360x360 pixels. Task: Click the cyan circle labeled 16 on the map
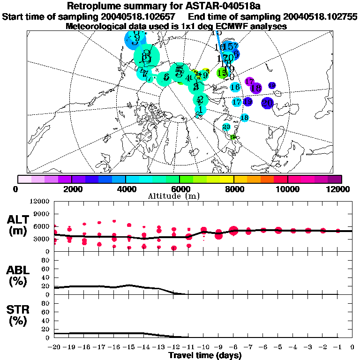point(235,87)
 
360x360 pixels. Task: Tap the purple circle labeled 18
point(255,88)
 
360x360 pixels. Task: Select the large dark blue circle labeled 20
point(267,103)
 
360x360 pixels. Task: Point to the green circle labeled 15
point(222,73)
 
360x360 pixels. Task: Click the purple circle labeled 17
point(249,82)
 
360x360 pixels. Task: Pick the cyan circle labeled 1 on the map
point(200,109)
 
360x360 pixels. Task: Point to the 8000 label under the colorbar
point(233,189)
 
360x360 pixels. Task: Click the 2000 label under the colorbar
point(71,189)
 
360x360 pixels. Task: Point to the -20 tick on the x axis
point(54,347)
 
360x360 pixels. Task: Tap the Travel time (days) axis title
point(205,355)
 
